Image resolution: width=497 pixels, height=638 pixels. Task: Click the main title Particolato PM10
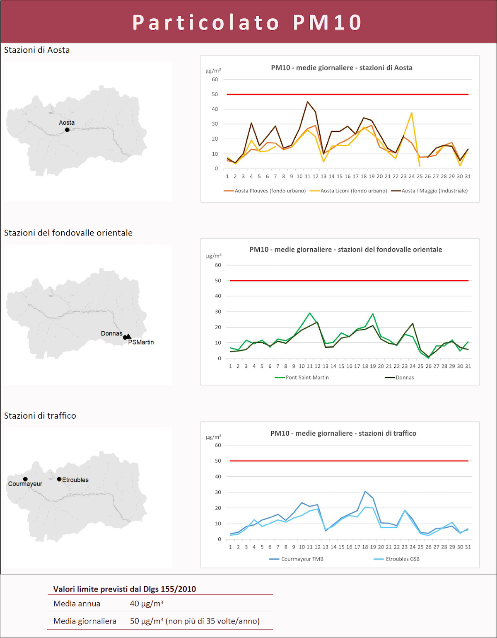click(247, 22)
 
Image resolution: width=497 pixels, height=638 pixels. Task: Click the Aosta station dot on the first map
click(67, 130)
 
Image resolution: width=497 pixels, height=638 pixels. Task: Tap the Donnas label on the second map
click(111, 333)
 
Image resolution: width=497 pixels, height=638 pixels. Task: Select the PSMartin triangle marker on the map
click(128, 336)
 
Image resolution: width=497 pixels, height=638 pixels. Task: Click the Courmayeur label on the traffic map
click(25, 484)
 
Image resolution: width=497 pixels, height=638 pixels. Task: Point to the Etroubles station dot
click(59, 479)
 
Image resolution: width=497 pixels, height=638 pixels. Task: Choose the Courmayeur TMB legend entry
click(302, 559)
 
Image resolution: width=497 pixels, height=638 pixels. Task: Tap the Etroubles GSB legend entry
click(402, 559)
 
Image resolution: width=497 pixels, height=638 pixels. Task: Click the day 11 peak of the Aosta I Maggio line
click(307, 102)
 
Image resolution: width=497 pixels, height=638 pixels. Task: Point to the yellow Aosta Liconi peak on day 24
click(412, 113)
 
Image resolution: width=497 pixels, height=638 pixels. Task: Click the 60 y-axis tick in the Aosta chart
click(215, 80)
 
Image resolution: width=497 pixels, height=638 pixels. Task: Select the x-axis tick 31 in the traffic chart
click(468, 547)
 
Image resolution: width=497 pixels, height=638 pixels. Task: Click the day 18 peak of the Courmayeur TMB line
click(365, 491)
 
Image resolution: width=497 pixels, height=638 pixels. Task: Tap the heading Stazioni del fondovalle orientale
click(68, 233)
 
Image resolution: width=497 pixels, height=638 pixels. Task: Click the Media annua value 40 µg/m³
click(147, 604)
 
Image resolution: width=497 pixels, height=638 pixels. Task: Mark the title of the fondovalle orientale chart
click(345, 250)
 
